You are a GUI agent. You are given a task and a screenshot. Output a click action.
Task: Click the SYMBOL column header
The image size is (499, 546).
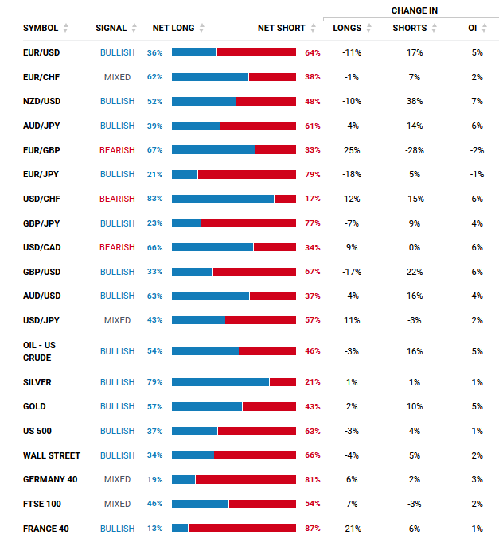(x=40, y=28)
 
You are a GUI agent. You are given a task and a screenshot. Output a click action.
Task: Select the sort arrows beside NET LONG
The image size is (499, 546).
(x=202, y=28)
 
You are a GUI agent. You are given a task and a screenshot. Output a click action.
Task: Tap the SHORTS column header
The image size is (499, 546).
(x=409, y=28)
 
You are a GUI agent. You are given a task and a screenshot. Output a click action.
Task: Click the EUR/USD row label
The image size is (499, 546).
(x=41, y=52)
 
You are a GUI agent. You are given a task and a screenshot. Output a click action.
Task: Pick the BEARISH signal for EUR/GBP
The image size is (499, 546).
(x=117, y=150)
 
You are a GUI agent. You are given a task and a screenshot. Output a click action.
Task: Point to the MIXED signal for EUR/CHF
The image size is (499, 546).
(x=117, y=77)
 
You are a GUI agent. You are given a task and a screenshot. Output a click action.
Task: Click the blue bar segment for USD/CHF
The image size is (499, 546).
(x=223, y=199)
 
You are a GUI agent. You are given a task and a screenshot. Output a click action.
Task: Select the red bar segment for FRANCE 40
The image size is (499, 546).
(x=242, y=529)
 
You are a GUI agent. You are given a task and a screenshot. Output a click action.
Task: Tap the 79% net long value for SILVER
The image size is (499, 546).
(x=154, y=382)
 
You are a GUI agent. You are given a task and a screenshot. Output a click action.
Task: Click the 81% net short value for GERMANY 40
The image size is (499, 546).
(x=313, y=480)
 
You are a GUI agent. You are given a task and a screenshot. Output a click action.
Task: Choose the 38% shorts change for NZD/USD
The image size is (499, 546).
(x=414, y=102)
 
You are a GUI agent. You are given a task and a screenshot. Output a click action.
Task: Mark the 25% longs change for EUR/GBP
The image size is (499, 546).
(x=352, y=150)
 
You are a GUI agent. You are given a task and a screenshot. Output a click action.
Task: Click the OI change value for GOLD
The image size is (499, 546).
(x=477, y=407)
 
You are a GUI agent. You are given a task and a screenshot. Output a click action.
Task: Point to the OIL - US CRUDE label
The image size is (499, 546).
(x=40, y=351)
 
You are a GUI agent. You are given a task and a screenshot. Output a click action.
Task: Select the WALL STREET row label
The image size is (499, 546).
(x=52, y=455)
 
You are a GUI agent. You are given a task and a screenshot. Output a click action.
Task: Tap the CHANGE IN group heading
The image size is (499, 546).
(x=414, y=10)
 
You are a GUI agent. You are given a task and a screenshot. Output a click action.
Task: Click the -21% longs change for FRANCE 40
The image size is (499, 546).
(x=351, y=529)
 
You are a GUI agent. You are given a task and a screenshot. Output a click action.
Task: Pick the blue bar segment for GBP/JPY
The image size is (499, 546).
(x=186, y=223)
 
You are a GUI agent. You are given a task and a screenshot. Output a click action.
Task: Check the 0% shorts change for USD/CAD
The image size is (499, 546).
(x=414, y=247)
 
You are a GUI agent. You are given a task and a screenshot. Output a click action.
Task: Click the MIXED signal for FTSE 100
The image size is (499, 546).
(x=117, y=504)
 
